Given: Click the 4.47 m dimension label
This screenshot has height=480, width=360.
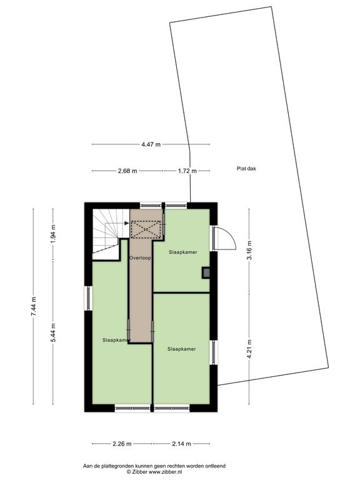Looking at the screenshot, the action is [151, 144].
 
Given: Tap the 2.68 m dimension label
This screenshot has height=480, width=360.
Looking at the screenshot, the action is [127, 171].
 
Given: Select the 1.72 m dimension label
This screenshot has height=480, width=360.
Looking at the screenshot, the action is [187, 171].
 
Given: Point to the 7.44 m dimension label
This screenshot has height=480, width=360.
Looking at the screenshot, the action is [33, 306].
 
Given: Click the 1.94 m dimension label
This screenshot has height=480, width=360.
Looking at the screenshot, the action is [53, 234].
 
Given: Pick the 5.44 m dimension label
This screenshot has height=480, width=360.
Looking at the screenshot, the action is [53, 333].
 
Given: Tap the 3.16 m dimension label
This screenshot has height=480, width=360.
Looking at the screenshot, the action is [249, 250].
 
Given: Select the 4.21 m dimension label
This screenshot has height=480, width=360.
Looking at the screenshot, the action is [249, 349].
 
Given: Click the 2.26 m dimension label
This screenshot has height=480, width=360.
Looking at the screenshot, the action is [122, 444].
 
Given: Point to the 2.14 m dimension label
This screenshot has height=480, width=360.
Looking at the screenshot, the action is [181, 444].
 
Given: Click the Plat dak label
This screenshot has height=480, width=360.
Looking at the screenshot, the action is [246, 168].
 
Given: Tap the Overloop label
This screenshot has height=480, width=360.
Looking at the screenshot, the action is [140, 257].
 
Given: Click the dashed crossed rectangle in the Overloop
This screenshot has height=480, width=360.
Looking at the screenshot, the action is [146, 229].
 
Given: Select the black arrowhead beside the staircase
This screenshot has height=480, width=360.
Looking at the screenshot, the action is [126, 224].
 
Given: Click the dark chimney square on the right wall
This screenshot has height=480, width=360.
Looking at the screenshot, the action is [206, 272].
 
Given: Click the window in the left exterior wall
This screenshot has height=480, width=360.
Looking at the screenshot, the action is [88, 298].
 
